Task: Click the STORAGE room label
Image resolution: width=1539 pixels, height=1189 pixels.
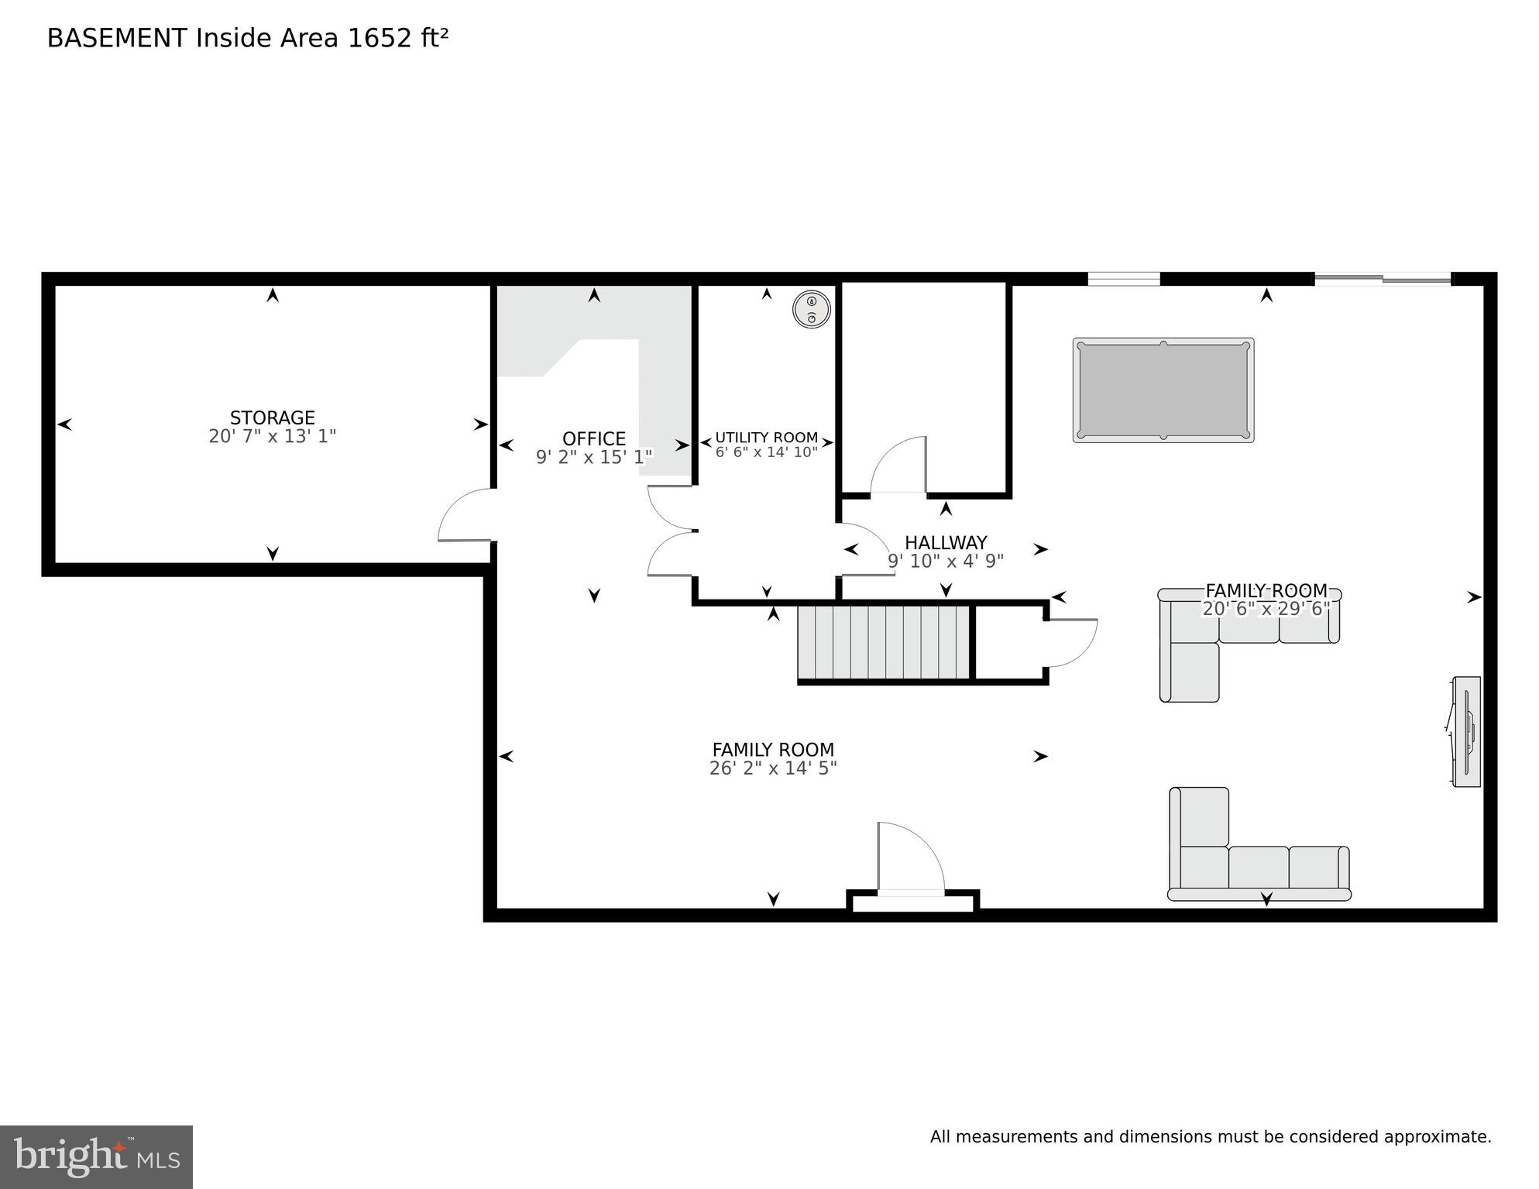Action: (272, 418)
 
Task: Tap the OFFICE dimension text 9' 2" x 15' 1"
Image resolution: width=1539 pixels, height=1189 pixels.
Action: (594, 458)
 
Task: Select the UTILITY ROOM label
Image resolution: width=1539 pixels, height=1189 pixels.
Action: (766, 438)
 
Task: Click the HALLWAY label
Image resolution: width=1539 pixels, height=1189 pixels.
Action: (945, 542)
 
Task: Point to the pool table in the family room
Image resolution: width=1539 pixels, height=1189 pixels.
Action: (1163, 390)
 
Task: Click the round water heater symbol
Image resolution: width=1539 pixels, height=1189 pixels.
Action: (811, 310)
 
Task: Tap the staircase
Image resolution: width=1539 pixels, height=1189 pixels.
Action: (884, 642)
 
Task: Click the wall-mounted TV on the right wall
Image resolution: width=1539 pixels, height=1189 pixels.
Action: (1466, 732)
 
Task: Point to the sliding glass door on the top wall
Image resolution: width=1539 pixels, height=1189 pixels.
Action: (1383, 278)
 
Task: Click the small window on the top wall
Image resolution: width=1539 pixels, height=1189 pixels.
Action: (1124, 278)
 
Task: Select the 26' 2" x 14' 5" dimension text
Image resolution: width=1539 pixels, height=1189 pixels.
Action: (772, 768)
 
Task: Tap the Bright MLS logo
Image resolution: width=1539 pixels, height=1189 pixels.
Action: (96, 1156)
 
